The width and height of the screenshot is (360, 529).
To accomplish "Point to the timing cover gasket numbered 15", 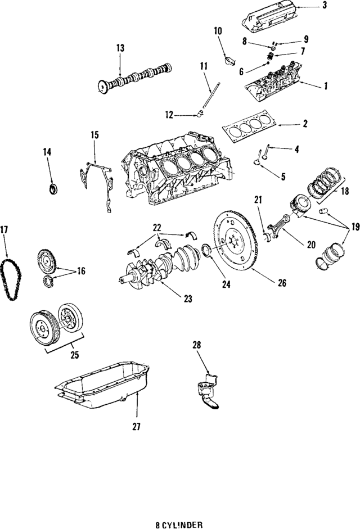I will pyautogui.click(x=98, y=180).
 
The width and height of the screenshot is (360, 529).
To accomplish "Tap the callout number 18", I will pyautogui.click(x=344, y=191).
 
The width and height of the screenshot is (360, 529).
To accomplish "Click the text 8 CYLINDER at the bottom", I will pyautogui.click(x=179, y=524).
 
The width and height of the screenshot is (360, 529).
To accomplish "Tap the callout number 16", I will pyautogui.click(x=81, y=271).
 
